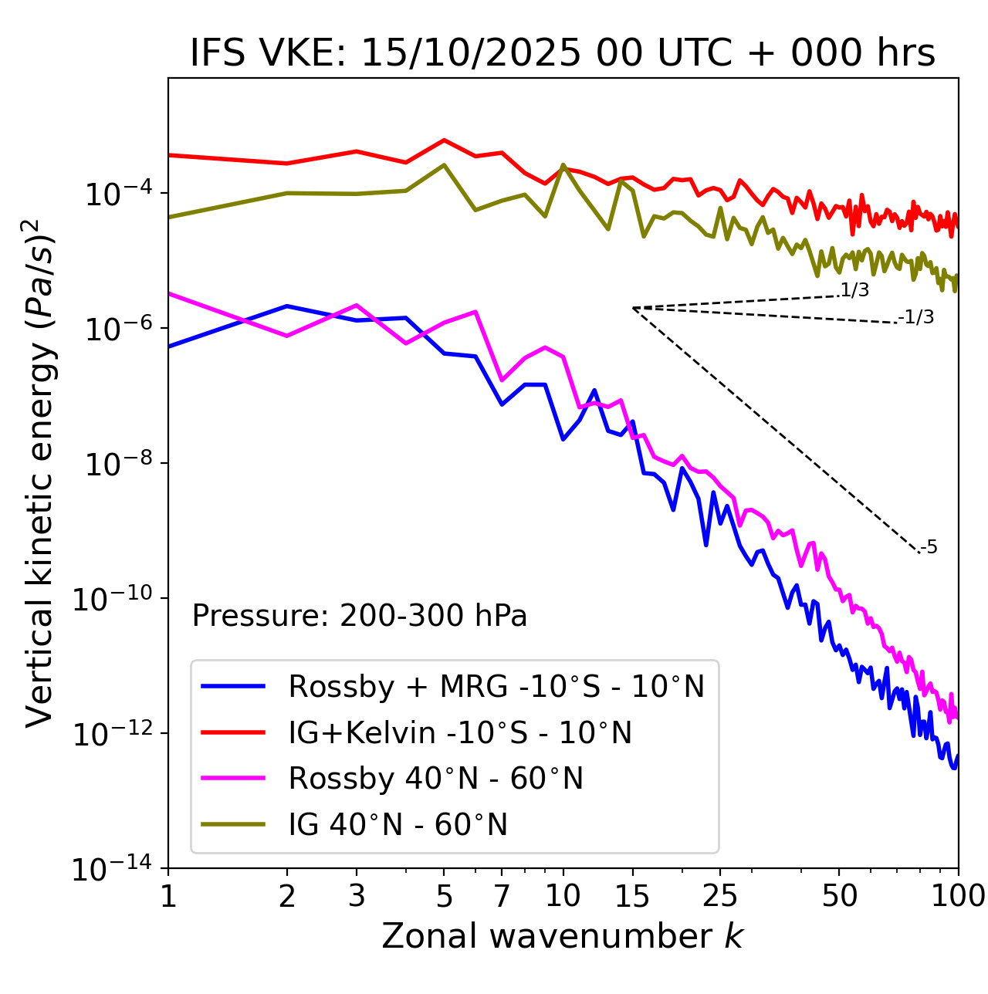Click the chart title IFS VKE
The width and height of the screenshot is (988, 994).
563,53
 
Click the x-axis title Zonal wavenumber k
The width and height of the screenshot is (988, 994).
563,935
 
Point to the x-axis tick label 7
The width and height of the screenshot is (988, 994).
502,895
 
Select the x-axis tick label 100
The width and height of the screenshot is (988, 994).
958,895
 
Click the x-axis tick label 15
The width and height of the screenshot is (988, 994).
632,895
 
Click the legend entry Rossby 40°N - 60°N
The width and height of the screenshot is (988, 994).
435,779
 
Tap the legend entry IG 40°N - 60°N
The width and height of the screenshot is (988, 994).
398,825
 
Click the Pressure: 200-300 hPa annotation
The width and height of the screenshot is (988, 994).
359,616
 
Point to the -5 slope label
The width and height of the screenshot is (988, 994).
929,547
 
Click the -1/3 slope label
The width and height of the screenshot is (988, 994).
916,317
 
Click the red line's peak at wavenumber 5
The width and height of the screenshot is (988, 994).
444,140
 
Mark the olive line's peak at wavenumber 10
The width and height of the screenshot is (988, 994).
563,164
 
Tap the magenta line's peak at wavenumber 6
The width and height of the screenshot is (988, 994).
475,312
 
